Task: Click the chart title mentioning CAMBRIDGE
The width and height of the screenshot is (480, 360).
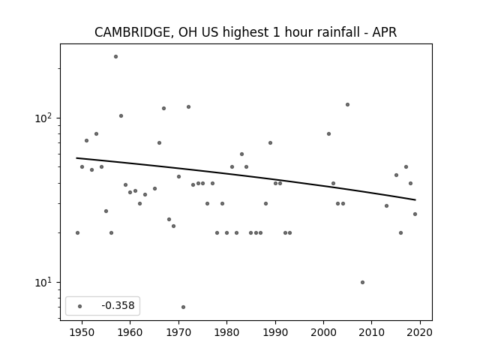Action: (245, 32)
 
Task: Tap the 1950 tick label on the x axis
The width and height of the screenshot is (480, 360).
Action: (82, 332)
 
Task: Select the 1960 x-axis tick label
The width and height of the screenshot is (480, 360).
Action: (130, 332)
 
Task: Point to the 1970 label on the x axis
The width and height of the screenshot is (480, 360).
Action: (178, 332)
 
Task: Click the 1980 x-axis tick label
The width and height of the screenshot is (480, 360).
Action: (226, 332)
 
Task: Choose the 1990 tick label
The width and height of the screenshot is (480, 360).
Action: (275, 332)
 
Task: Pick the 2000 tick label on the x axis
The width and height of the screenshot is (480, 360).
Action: (323, 332)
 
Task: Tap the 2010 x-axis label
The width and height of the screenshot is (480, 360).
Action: (372, 332)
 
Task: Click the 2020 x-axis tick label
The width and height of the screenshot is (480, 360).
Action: (420, 332)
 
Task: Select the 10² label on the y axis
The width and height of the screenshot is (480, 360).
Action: (46, 118)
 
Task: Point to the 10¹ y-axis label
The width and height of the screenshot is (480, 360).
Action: (46, 282)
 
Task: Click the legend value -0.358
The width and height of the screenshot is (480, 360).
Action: (118, 305)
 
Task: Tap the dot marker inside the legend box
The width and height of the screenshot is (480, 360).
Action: (80, 306)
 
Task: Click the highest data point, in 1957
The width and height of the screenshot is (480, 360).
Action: (115, 57)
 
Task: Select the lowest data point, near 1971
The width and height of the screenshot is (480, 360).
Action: (183, 307)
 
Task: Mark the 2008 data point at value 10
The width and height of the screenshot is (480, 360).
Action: (362, 282)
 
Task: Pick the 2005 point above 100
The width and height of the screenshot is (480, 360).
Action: (347, 105)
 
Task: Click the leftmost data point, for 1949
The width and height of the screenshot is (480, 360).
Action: (77, 233)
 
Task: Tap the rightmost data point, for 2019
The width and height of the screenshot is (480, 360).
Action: (415, 214)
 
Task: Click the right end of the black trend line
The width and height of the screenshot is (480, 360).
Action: (415, 200)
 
